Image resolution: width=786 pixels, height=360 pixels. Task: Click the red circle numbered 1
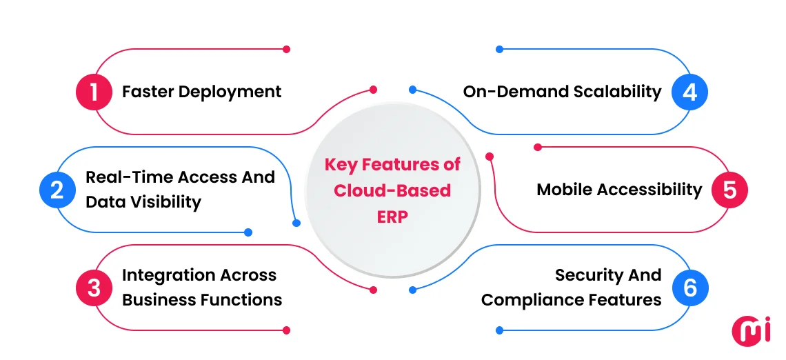(x=94, y=92)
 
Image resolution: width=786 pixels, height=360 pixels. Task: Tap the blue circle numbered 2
(x=57, y=190)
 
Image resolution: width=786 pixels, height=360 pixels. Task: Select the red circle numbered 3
(x=94, y=288)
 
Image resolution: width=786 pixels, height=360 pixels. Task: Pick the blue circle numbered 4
(x=690, y=92)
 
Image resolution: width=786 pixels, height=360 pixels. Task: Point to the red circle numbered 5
(x=729, y=190)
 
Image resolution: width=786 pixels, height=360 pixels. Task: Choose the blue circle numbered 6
(x=690, y=288)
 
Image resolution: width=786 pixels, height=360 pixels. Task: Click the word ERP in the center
(x=392, y=216)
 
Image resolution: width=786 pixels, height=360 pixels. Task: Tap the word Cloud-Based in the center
(x=392, y=190)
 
